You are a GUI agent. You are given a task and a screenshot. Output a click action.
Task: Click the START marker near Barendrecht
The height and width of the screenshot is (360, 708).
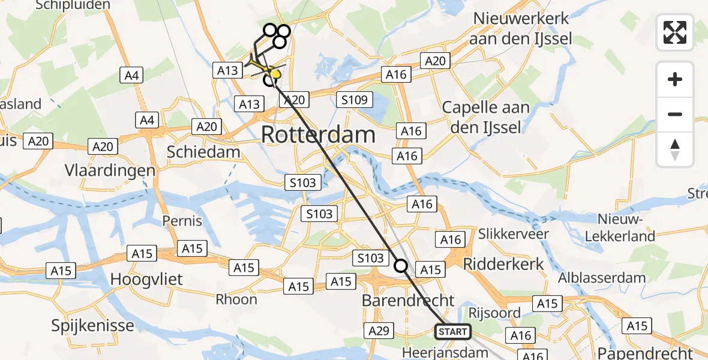tap(452, 331)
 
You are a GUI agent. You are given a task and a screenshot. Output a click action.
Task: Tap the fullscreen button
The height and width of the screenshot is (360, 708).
tap(675, 32)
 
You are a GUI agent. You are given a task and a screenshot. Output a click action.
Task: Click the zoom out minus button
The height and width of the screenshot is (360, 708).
tap(675, 114)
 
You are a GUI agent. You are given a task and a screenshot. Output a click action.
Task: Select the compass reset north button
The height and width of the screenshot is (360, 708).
tap(675, 149)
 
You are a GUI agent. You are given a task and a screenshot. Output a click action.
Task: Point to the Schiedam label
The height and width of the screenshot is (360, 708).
tap(203, 152)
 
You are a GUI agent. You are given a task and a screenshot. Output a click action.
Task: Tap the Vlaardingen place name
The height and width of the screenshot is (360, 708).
tap(110, 170)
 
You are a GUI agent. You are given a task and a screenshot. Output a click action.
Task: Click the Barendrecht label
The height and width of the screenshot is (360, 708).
tap(408, 300)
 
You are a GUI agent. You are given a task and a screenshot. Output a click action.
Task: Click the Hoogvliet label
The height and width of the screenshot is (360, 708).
tap(146, 279)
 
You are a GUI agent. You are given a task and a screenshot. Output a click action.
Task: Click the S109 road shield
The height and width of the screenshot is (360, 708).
tap(355, 100)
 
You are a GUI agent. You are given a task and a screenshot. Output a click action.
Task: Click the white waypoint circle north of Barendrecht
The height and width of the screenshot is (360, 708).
tap(401, 265)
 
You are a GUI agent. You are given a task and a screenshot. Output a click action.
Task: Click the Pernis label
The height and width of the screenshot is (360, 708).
tap(182, 220)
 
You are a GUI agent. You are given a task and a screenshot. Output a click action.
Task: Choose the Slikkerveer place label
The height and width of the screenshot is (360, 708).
tap(514, 233)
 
